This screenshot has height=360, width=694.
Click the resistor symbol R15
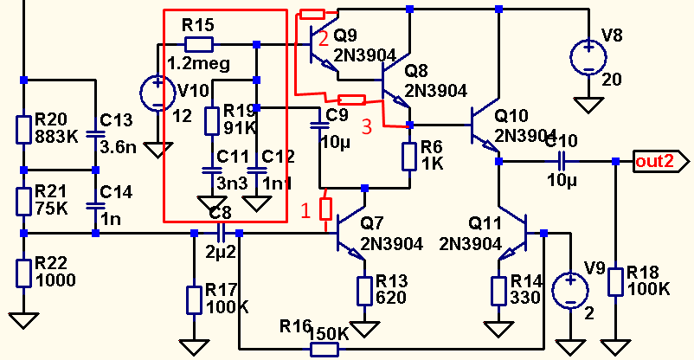coord(198,44)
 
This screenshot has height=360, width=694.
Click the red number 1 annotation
coord(304,209)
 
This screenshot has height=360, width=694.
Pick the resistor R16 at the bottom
coord(324,349)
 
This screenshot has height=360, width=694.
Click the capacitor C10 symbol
coord(562,161)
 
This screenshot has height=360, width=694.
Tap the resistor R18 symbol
coord(614,281)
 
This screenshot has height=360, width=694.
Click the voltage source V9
coord(569,289)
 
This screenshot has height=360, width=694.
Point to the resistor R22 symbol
coord(24,272)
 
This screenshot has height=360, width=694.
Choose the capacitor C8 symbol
coord(221,233)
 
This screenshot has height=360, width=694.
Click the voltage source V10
coord(157,93)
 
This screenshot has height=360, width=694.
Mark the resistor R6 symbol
coord(410,157)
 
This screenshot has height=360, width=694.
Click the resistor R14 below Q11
coord(499,290)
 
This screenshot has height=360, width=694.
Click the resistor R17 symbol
coord(194,299)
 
